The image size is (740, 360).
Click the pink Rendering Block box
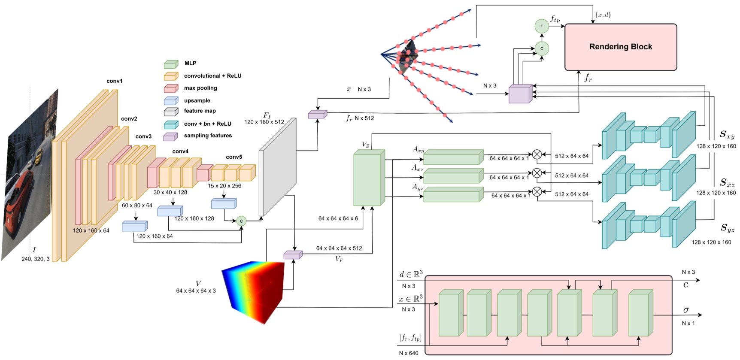coord(620,47)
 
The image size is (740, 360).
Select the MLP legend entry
coord(190,63)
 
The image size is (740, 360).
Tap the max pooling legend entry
coord(200,88)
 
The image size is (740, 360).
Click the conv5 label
coord(234,157)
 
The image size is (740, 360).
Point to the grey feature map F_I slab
coord(278,167)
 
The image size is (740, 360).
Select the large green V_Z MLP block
coord(368,178)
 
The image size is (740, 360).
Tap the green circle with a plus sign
coord(542,26)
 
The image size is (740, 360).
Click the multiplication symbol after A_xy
coord(537,154)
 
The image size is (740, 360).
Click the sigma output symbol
coord(686,310)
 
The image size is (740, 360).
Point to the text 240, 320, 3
coord(36,259)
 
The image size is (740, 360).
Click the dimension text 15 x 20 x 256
coord(224,186)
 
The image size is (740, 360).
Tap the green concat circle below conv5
coord(241,221)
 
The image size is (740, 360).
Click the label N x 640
coord(408,353)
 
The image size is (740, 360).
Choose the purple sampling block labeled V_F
coord(293,255)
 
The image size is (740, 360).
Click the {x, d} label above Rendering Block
coord(603,15)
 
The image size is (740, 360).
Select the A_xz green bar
coord(453,176)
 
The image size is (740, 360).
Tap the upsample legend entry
coord(197,100)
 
